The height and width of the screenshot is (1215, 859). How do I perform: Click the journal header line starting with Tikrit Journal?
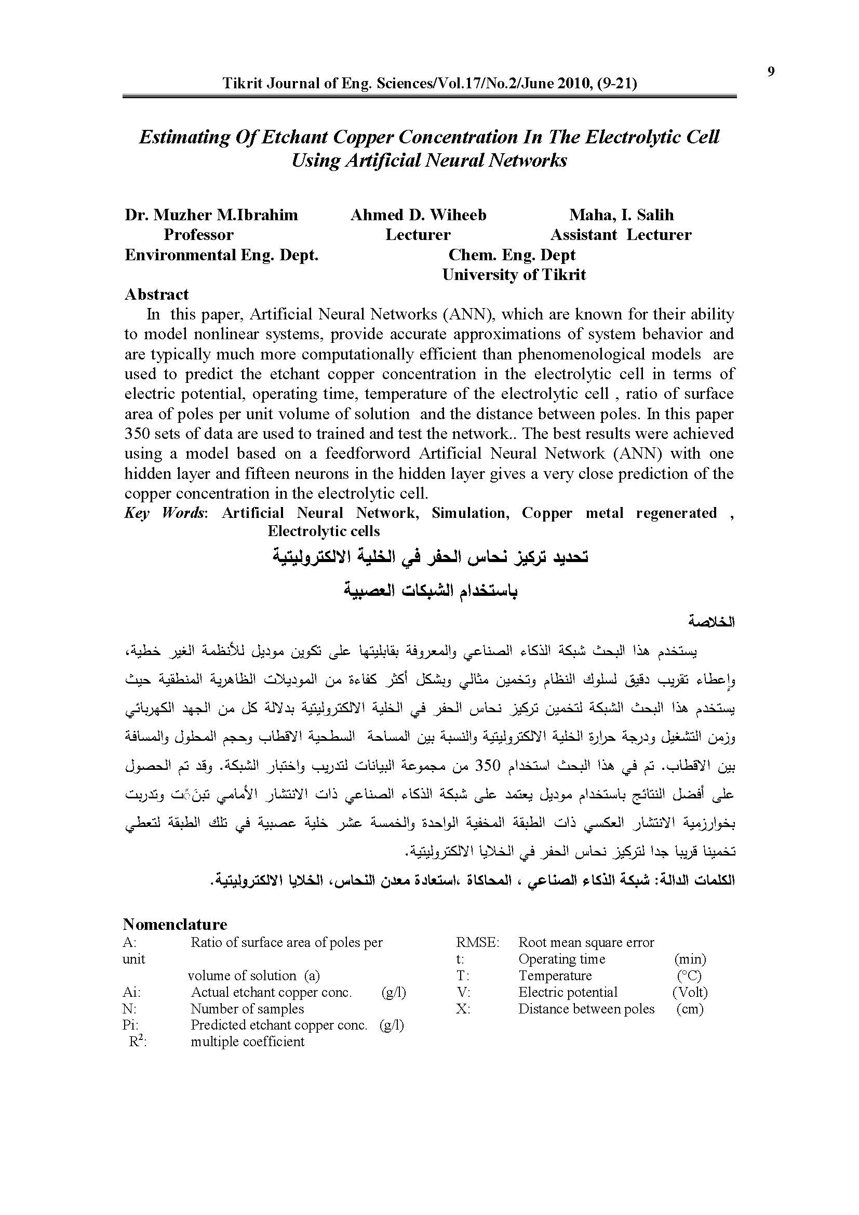(429, 84)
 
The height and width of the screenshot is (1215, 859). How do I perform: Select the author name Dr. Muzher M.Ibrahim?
(211, 215)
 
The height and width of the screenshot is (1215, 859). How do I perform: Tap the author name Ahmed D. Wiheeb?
(418, 215)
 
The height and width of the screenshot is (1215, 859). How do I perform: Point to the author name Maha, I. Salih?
(621, 215)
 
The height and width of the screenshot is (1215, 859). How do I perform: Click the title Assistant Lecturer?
(621, 235)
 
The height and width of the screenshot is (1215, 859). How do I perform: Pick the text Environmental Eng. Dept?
(221, 255)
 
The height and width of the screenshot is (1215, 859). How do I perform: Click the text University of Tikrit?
(514, 275)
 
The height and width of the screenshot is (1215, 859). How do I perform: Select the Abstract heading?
(156, 294)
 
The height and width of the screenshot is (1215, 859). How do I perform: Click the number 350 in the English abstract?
(137, 434)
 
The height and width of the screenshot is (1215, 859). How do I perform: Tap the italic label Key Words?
(165, 513)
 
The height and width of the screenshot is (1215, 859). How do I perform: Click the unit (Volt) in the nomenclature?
(690, 992)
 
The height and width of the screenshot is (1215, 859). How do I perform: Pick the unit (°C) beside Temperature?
(689, 976)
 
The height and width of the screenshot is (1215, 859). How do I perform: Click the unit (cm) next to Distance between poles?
(690, 1009)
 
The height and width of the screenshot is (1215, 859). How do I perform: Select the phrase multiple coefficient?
(248, 1042)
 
